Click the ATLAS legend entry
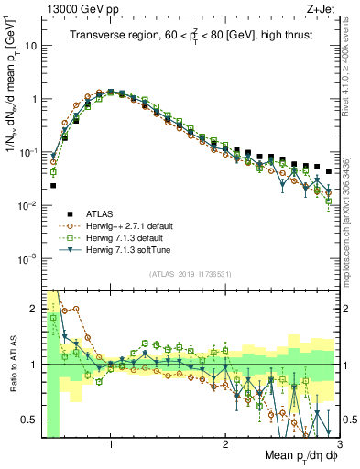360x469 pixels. (x=103, y=212)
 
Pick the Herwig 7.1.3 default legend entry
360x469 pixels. (x=125, y=236)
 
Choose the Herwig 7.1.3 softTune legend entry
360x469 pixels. (x=126, y=249)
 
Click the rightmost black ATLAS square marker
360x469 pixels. (x=329, y=171)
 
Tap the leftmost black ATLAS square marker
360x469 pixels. (x=53, y=186)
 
